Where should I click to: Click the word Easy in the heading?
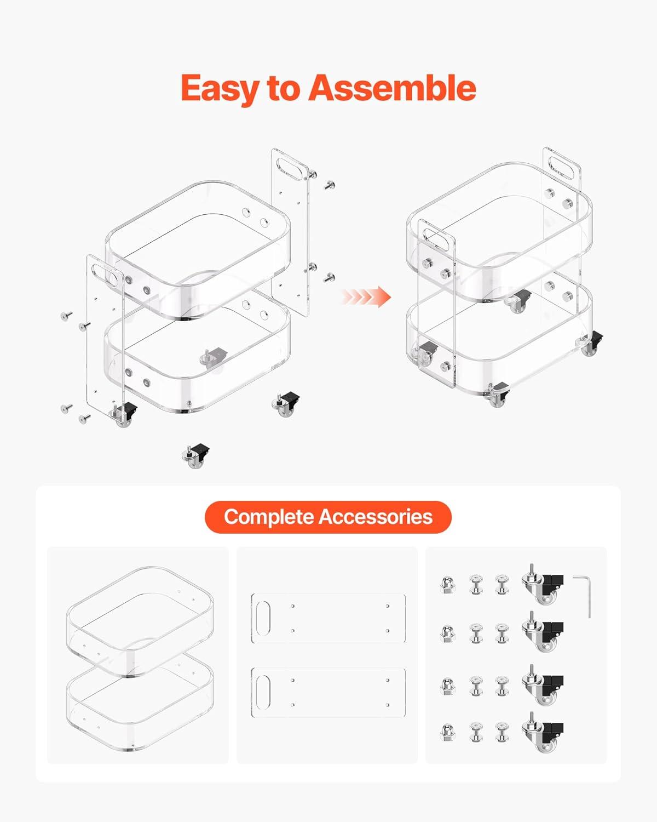[x=220, y=88]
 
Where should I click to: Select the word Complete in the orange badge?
[x=269, y=517]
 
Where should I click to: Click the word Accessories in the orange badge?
[x=376, y=517]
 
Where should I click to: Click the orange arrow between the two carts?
[x=366, y=296]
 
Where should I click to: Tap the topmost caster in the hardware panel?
[x=542, y=584]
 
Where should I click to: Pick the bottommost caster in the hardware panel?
[x=542, y=732]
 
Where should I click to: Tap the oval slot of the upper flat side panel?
[x=263, y=618]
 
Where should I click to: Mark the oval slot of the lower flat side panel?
[x=263, y=692]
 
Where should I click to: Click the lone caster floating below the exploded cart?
[x=196, y=456]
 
